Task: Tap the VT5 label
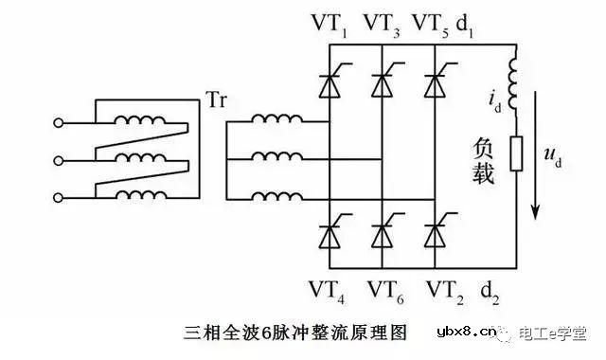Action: point(436,23)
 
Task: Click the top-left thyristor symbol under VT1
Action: point(329,84)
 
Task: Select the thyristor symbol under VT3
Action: point(382,84)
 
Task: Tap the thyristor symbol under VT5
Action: point(435,84)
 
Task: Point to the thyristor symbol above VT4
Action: point(329,231)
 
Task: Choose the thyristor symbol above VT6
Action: point(382,231)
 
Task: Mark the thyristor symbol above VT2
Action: point(435,231)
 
